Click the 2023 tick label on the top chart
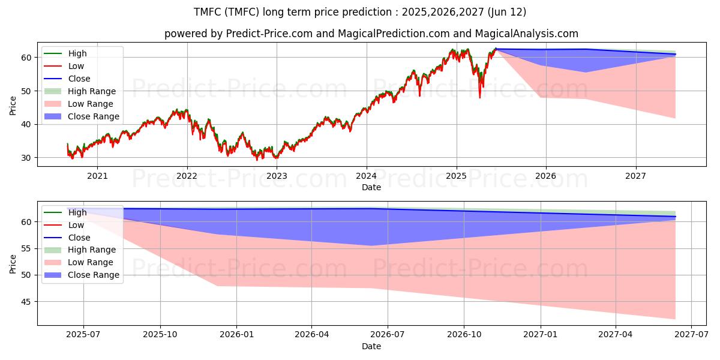(x=277, y=176)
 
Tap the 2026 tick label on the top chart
(x=546, y=176)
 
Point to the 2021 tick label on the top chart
(x=97, y=176)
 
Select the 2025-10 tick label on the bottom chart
(x=160, y=335)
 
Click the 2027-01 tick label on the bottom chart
(x=541, y=335)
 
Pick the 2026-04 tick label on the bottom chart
(x=312, y=335)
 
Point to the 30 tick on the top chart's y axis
(x=26, y=158)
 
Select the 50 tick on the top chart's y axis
(x=26, y=91)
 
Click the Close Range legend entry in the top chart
(x=82, y=116)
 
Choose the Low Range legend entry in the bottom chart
(x=79, y=262)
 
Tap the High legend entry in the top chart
(x=65, y=53)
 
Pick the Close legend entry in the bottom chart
(x=67, y=238)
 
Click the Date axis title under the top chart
(x=371, y=187)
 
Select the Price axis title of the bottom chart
(x=13, y=264)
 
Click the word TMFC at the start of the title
(x=208, y=12)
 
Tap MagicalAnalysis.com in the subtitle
(x=527, y=34)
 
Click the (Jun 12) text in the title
(x=507, y=12)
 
